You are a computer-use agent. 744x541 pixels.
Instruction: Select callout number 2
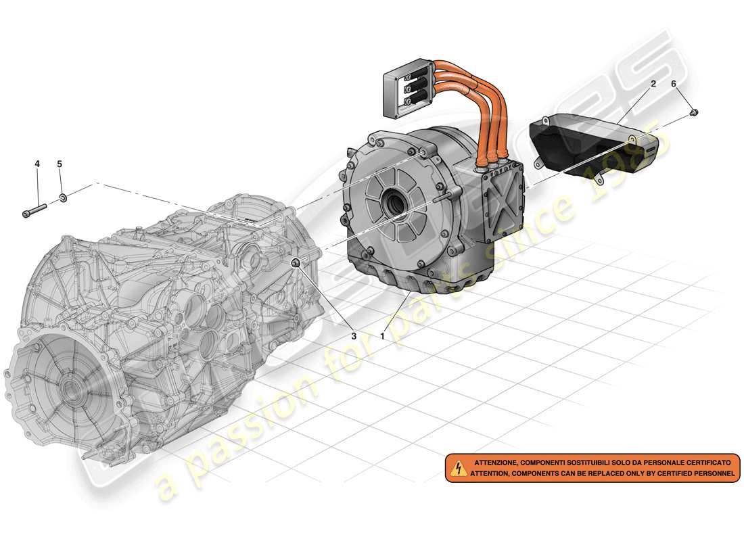coord(653,84)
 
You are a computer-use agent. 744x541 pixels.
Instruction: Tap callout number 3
coord(352,335)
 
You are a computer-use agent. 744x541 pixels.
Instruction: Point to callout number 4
coord(37,164)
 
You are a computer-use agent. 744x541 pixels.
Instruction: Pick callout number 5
coord(60,164)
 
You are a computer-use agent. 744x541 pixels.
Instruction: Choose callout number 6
coord(673,84)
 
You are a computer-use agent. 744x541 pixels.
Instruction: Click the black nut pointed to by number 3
coord(296,262)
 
